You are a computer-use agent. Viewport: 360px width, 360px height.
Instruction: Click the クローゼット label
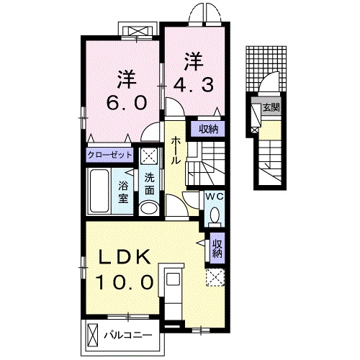pos(110,155)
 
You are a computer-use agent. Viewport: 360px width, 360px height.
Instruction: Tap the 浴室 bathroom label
pos(123,191)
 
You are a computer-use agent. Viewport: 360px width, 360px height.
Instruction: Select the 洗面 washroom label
pos(150,185)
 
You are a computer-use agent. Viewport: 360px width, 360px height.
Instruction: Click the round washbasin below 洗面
pos(149,207)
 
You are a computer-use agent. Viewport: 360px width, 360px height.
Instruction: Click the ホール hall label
pos(176,151)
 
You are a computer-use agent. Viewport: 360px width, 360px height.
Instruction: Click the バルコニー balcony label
pos(125,335)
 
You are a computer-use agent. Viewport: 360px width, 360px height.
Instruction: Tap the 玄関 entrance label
pos(271,108)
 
